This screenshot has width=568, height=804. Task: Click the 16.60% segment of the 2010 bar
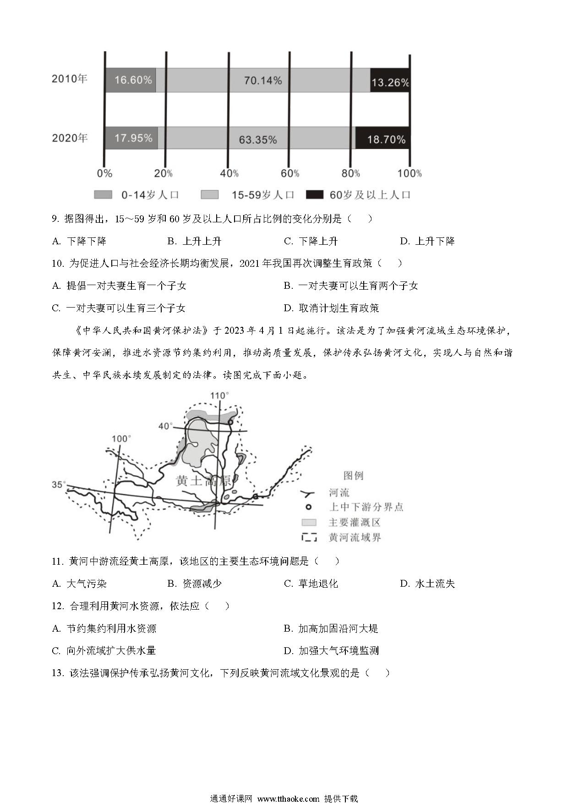(x=131, y=80)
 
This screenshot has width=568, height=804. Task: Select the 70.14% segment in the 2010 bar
(x=263, y=80)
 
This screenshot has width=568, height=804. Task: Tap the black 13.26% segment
(x=390, y=80)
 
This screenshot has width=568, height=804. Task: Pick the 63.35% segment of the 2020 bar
(x=257, y=138)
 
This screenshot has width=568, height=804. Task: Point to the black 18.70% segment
(x=383, y=138)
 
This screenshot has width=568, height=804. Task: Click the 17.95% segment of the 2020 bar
(x=131, y=138)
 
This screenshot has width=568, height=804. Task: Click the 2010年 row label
(x=69, y=79)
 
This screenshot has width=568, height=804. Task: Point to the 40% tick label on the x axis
(x=229, y=173)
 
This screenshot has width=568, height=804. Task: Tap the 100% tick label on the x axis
(x=410, y=173)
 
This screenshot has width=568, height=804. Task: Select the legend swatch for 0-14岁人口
(x=103, y=195)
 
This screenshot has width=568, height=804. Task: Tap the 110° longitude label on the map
(x=219, y=396)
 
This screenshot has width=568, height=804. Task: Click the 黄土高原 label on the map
(x=204, y=481)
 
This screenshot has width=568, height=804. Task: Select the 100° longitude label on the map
(x=121, y=439)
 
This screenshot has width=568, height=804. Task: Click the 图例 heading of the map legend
(x=353, y=476)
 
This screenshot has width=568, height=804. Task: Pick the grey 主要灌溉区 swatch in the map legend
(x=309, y=523)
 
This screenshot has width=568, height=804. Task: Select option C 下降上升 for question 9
(x=311, y=241)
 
